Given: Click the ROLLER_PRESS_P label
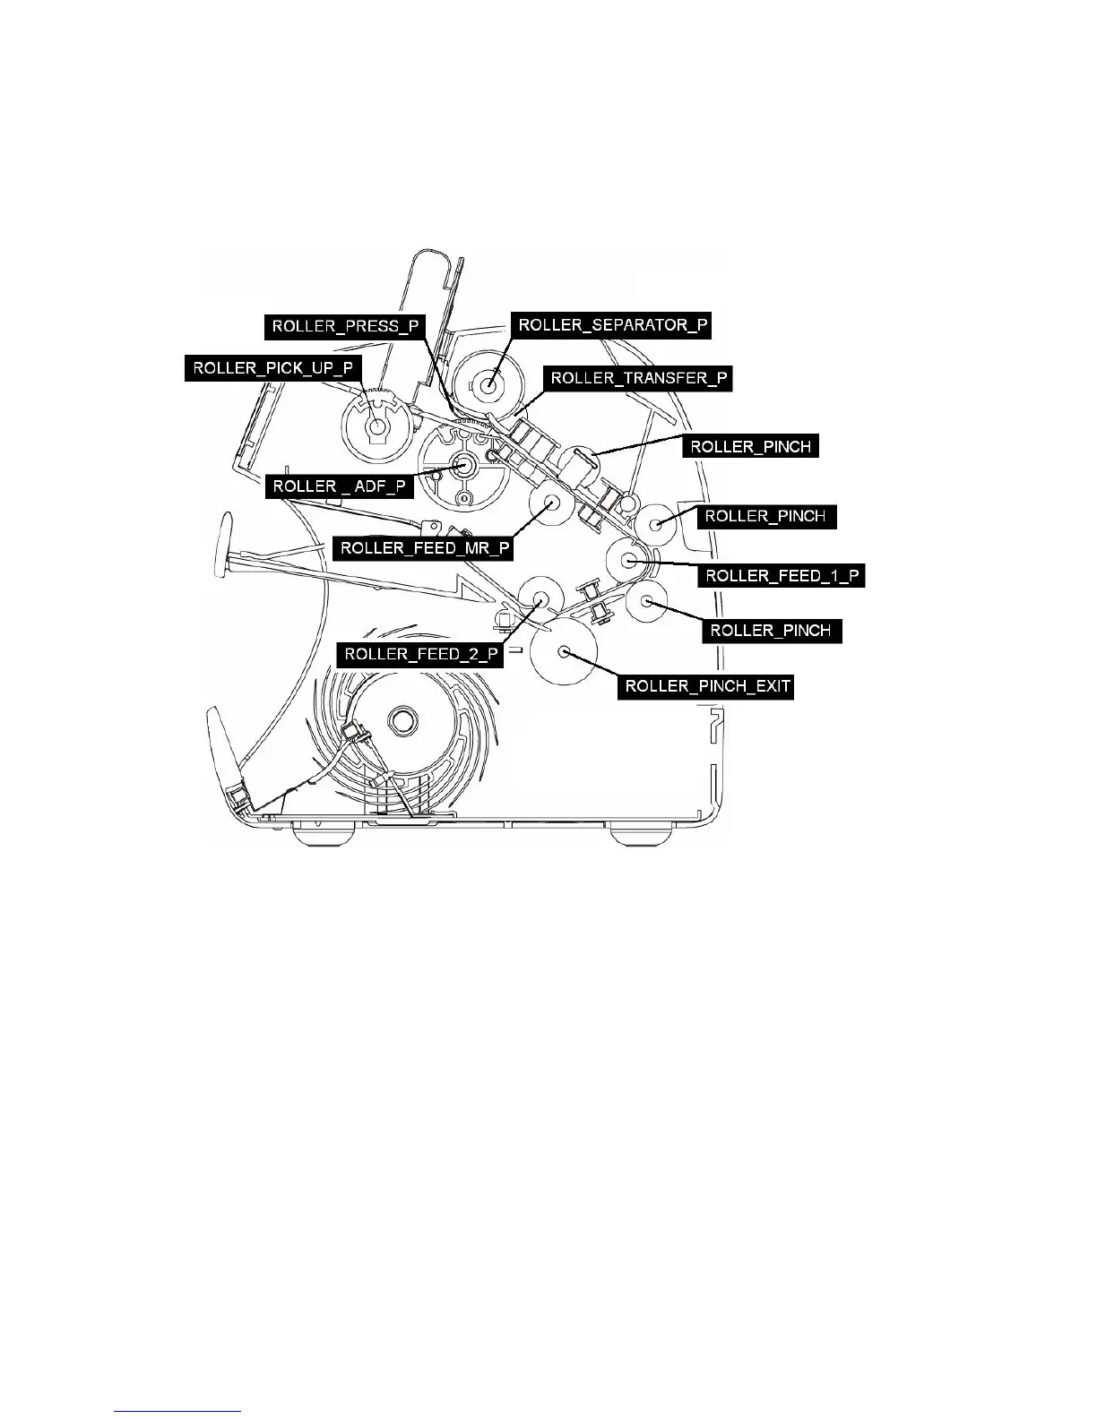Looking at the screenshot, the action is (345, 325).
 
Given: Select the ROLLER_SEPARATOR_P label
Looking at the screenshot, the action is (611, 325).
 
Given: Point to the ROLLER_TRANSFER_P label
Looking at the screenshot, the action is (639, 378).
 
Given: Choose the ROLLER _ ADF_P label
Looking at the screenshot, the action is (340, 486).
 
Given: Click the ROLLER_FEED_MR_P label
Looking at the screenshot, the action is (421, 547).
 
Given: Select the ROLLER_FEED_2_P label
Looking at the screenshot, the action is (420, 653).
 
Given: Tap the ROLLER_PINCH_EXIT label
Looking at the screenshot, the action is (707, 686).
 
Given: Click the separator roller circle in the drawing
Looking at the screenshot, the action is (488, 386).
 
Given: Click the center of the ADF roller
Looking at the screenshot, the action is (463, 465).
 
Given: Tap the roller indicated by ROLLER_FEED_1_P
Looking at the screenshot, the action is (631, 561).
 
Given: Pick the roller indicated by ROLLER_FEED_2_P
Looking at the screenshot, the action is (541, 598).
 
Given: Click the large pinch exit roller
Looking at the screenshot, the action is (564, 651).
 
